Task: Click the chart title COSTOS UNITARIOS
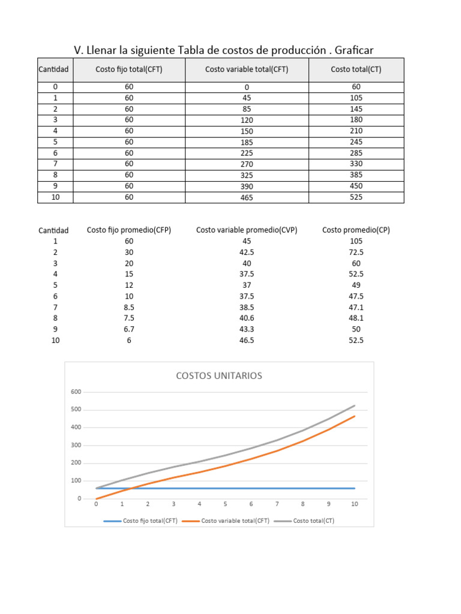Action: (x=218, y=376)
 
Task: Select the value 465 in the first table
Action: (x=247, y=197)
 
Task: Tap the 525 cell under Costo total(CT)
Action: (x=357, y=197)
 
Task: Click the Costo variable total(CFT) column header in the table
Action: (x=247, y=70)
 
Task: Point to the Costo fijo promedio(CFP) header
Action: (x=129, y=230)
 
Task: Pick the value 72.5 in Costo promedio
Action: (x=356, y=252)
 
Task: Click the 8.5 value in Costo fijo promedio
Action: (x=129, y=307)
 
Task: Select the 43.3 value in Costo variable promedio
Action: (x=247, y=329)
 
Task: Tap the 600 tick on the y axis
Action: (x=76, y=392)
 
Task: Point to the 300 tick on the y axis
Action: (x=76, y=446)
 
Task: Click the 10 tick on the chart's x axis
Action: (x=355, y=504)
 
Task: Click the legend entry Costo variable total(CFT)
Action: (x=235, y=520)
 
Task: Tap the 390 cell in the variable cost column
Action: (x=247, y=186)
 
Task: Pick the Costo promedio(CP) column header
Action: (x=356, y=230)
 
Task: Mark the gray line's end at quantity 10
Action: (x=355, y=406)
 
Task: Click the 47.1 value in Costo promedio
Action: (x=356, y=307)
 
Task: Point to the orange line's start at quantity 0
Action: (x=97, y=499)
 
